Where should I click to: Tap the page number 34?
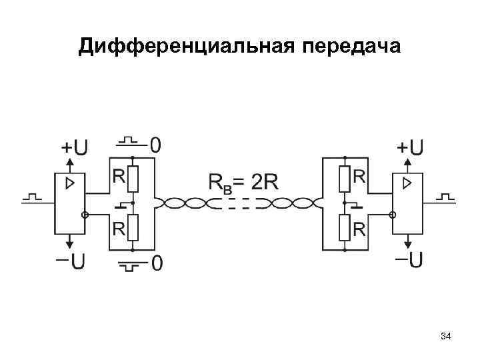446,338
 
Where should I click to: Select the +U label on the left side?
74,147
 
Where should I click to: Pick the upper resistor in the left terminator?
133,178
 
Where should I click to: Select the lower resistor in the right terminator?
345,227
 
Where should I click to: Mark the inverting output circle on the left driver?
85,215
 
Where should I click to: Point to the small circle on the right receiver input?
393,215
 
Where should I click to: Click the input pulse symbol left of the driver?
32,198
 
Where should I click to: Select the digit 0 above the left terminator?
155,144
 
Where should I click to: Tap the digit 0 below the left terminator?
155,265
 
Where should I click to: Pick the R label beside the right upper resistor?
359,177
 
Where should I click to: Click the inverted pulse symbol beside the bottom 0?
131,266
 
